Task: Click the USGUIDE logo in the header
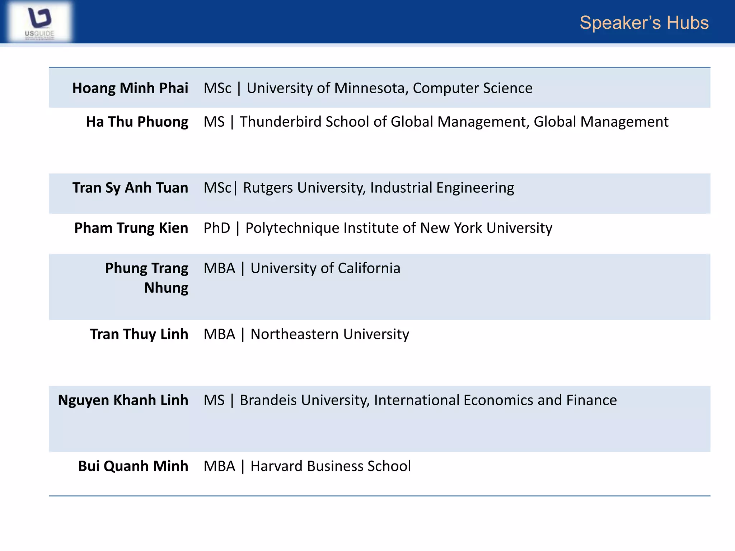click(x=39, y=22)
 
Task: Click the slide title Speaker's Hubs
click(x=644, y=23)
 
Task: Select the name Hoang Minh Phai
click(x=130, y=88)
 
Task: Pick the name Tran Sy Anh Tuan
click(x=130, y=188)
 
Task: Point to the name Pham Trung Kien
click(x=131, y=228)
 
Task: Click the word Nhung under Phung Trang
click(x=166, y=288)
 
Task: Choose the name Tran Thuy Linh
click(x=139, y=334)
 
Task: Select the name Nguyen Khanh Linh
click(x=123, y=400)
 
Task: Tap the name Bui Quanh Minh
click(x=133, y=466)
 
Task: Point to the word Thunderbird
click(x=280, y=122)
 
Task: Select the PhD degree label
click(x=217, y=228)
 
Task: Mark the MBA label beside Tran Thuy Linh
click(x=219, y=334)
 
